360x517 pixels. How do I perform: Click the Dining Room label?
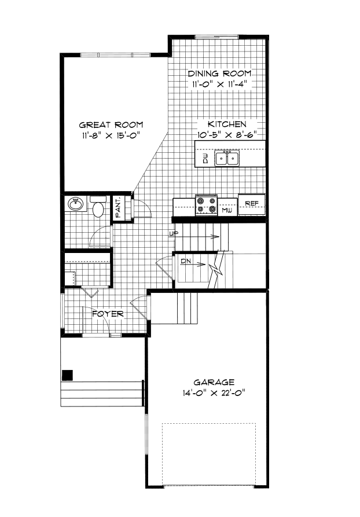click(x=219, y=74)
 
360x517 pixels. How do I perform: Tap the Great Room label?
click(x=111, y=124)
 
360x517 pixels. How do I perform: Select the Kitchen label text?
click(x=227, y=124)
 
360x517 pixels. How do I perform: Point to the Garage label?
click(x=214, y=382)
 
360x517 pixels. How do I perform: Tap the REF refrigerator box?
click(x=251, y=203)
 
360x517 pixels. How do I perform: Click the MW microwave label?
click(x=227, y=210)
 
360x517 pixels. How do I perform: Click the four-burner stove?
click(x=207, y=205)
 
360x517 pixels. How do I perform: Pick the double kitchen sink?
click(x=227, y=158)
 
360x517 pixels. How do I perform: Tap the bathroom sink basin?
click(x=75, y=203)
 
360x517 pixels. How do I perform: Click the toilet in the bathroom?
click(x=98, y=208)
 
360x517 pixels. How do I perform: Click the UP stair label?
click(x=172, y=234)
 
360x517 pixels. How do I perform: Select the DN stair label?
click(x=186, y=262)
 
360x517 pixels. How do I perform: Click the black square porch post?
click(x=68, y=375)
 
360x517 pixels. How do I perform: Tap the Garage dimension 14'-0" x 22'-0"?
click(x=214, y=393)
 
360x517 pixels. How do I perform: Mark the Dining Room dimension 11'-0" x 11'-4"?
click(x=219, y=85)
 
